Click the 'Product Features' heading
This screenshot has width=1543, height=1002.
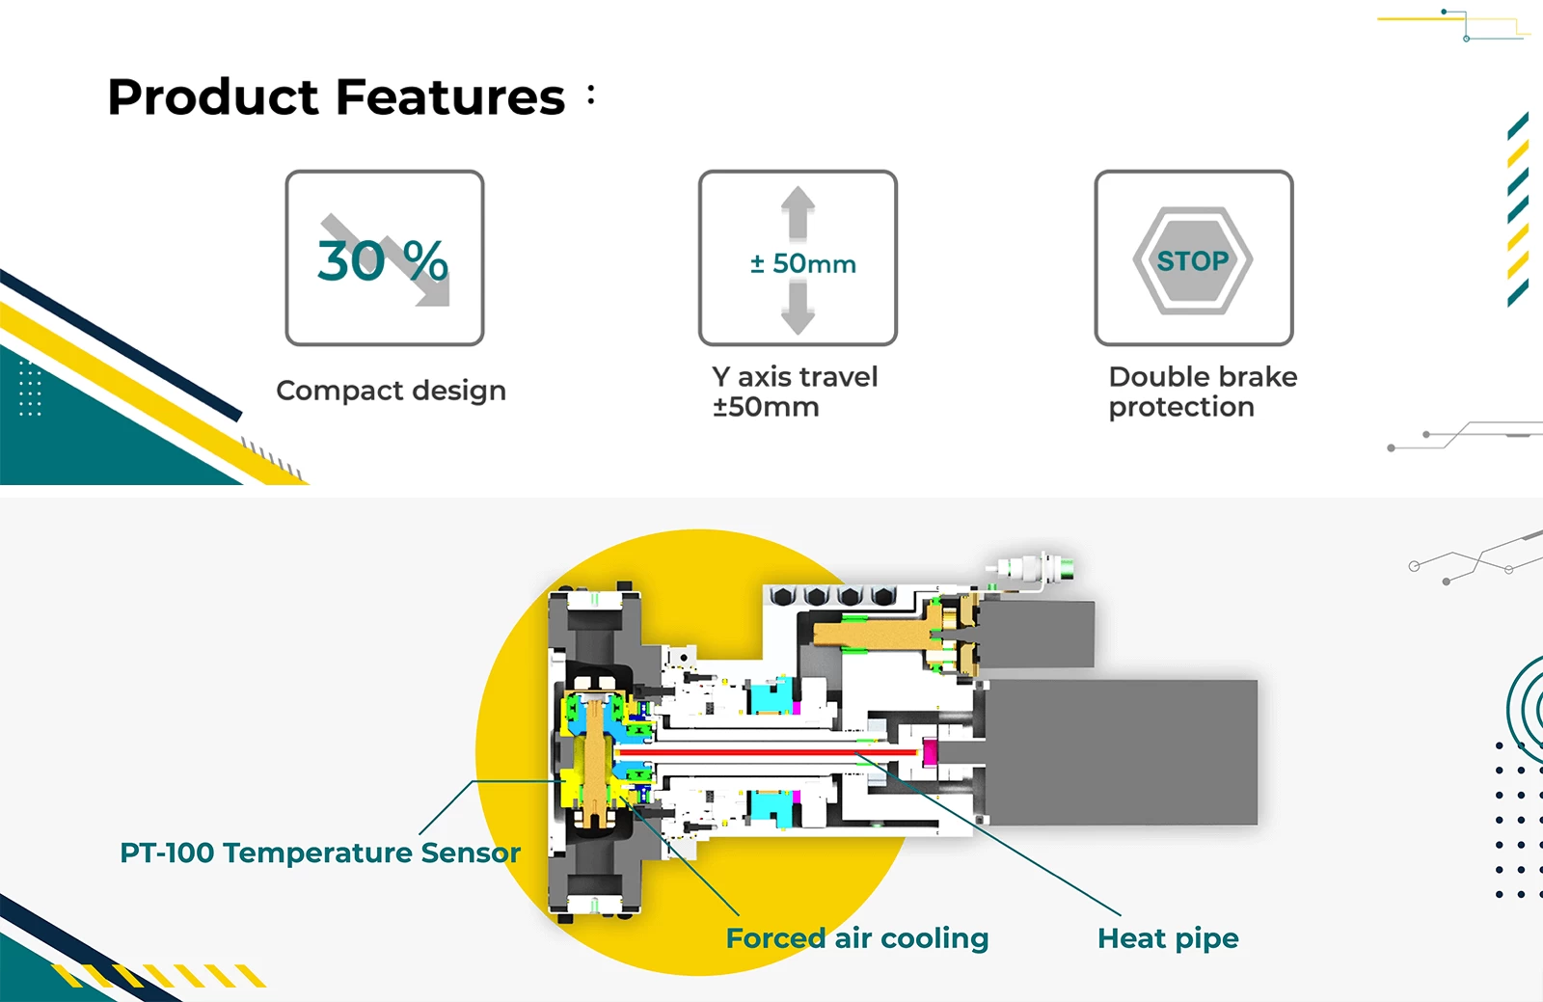[337, 96]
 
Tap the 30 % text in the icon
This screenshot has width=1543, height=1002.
[382, 261]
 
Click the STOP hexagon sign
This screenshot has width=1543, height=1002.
[1193, 261]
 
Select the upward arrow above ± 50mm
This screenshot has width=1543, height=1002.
[798, 213]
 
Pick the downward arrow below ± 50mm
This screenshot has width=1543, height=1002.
[798, 310]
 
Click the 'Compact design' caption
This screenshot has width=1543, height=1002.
[392, 391]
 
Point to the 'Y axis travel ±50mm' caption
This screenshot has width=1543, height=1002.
[795, 392]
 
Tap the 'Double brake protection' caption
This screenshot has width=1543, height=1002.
[1203, 392]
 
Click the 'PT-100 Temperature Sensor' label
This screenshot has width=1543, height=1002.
[320, 853]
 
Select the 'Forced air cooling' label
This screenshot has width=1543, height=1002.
[857, 938]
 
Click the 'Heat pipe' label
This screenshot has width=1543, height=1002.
[1168, 938]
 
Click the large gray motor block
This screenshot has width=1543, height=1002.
[1121, 752]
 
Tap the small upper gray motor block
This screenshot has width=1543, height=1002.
[1036, 634]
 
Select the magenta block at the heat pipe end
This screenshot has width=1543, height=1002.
[930, 752]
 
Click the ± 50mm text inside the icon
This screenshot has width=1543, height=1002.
[803, 263]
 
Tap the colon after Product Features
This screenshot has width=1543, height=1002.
[591, 95]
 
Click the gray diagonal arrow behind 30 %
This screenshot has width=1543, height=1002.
[386, 259]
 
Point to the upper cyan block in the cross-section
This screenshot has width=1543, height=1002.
[771, 696]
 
